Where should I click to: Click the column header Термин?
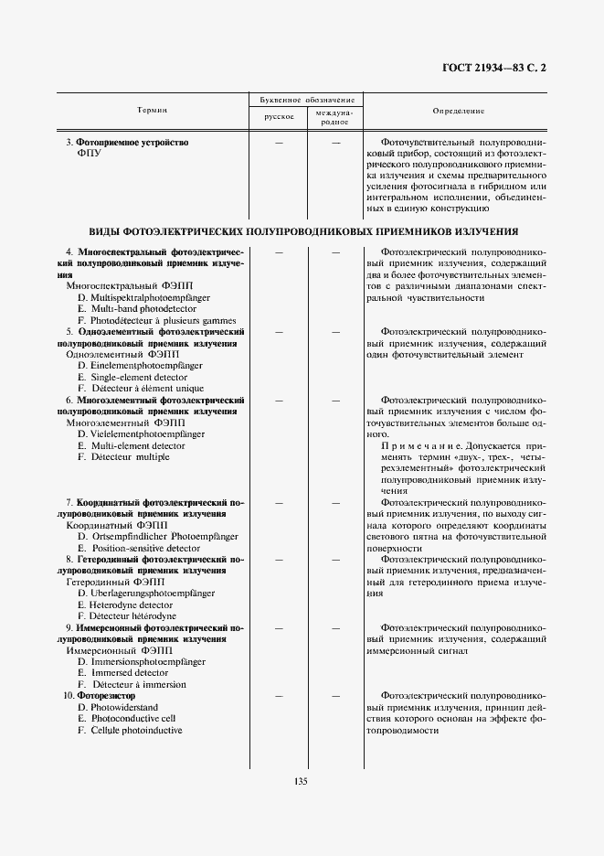coord(152,110)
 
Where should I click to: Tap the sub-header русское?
coord(279,117)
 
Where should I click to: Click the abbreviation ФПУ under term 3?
coord(90,154)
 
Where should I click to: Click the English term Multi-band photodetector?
coord(136,309)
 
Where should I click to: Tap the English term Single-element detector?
coord(133,377)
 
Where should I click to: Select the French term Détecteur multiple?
coord(123,456)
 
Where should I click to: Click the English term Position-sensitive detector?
coord(138,548)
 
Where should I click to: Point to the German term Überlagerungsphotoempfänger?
coord(146,593)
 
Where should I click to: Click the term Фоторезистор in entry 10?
coord(108,695)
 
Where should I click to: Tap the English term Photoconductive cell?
coord(126,719)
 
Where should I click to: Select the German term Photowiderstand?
coord(117,707)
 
